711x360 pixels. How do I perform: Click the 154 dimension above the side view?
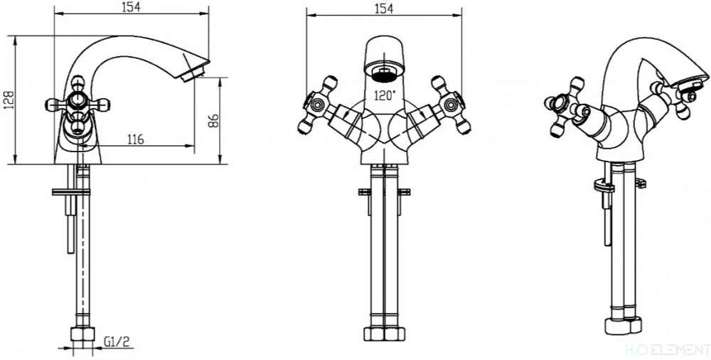point(132,7)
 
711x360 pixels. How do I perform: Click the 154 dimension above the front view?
point(384,8)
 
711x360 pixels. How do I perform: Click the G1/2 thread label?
point(117,342)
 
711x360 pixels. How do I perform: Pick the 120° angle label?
point(384,96)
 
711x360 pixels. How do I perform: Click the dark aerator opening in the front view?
point(384,74)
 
